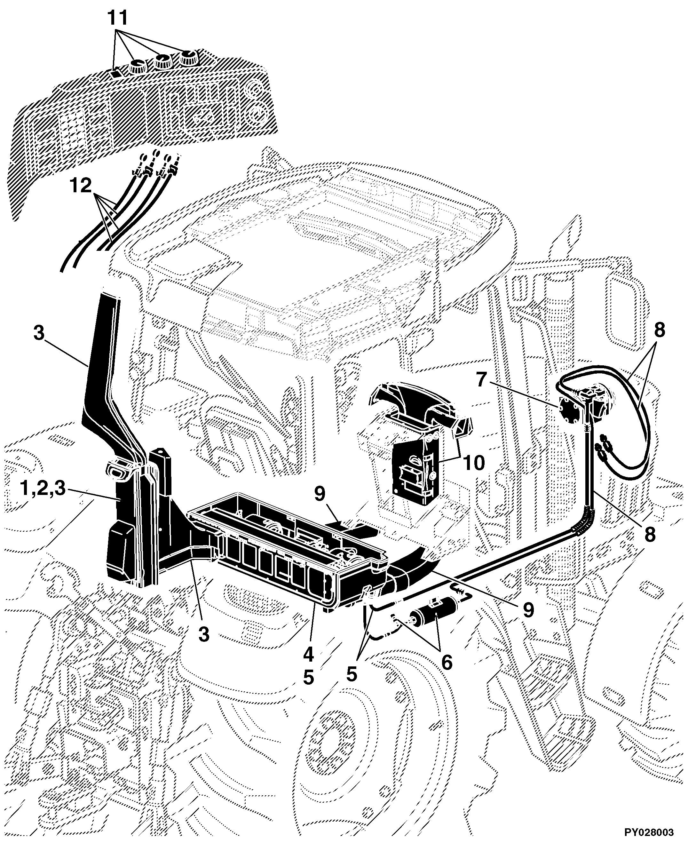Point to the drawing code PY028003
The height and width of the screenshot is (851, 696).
tap(648, 832)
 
